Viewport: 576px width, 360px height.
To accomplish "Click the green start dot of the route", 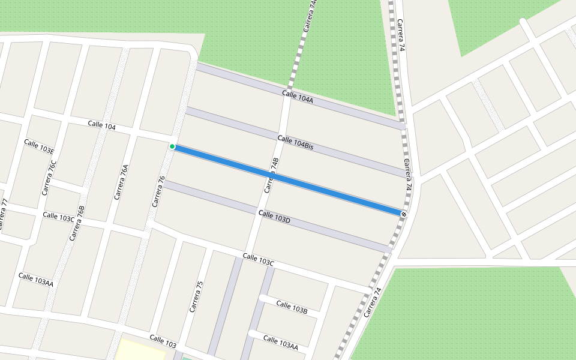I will point(172,146).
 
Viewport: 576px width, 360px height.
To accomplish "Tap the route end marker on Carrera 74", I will point(404,214).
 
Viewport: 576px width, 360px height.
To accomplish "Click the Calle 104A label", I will point(298,97).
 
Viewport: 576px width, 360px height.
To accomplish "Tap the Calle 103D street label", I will point(274,217).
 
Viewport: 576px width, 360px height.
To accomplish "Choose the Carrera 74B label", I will point(272,175).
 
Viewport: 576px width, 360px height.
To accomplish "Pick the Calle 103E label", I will point(39,146).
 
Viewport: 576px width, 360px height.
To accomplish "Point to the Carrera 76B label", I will point(77,223).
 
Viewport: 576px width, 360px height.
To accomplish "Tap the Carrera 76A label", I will point(121,182).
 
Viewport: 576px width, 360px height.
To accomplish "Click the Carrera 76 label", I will point(158,191).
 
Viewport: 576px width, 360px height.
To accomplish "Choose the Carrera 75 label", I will point(196,296).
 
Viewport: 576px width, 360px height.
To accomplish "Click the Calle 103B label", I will point(292,306).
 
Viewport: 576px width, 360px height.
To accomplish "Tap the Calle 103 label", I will point(163,341).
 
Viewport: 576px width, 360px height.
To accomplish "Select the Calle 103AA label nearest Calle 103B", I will point(280,343).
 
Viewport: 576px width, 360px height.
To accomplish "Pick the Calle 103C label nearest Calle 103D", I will point(259,260).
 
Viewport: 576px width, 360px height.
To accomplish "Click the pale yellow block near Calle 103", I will point(140,350).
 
